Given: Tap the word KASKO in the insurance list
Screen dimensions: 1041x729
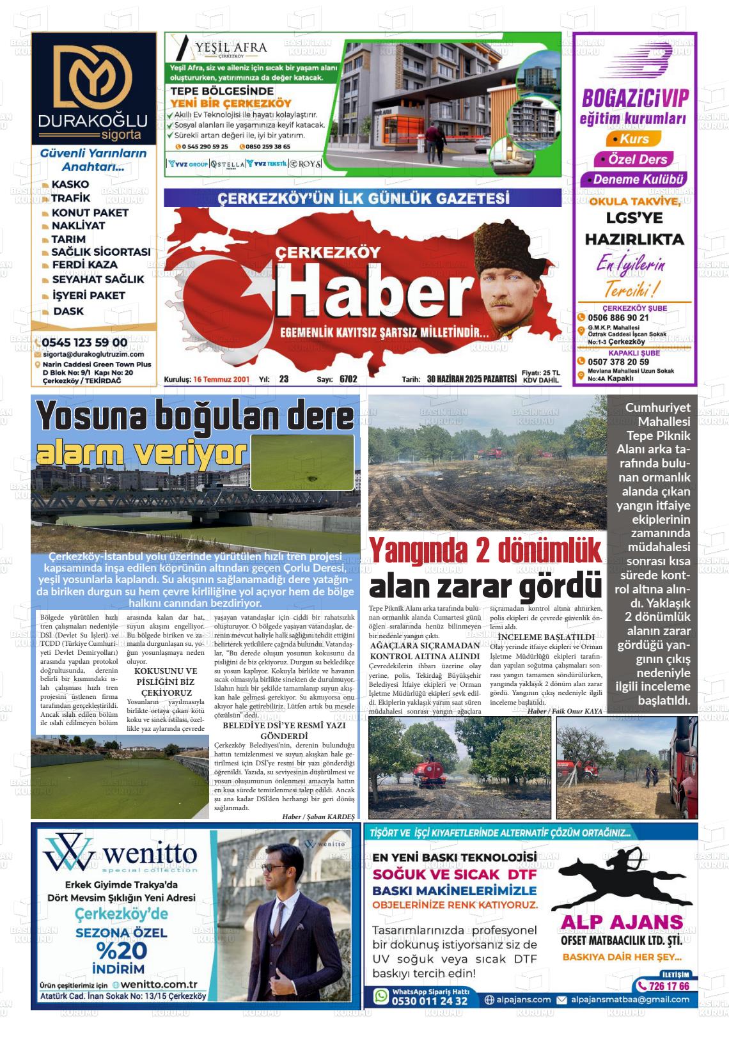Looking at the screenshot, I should (70, 184).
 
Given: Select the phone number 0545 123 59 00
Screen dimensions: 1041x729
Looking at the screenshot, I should (84, 342).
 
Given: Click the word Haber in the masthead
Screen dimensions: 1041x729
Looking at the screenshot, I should (372, 292).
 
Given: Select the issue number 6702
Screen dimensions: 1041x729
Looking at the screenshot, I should (349, 379).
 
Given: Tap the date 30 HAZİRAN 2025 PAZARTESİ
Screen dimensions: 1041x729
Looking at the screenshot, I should (471, 379).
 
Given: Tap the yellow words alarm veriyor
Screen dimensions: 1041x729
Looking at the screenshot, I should (141, 453).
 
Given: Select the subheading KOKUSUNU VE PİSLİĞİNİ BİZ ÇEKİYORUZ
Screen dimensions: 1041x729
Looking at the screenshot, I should (166, 682).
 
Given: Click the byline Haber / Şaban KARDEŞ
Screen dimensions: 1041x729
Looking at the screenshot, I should (318, 817).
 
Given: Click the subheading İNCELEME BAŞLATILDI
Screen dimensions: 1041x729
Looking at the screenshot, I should (546, 637).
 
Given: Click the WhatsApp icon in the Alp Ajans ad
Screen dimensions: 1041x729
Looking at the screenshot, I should (381, 996).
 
